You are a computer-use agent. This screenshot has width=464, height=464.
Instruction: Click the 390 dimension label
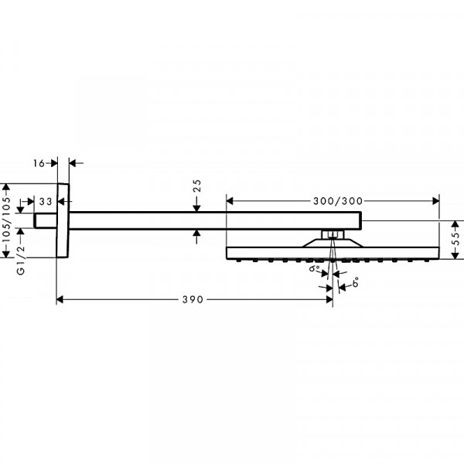point(193,299)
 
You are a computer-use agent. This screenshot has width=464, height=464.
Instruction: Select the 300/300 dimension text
point(338,201)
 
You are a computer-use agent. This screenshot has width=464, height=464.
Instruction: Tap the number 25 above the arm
point(196,186)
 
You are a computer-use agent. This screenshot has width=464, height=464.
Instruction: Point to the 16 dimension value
point(39,163)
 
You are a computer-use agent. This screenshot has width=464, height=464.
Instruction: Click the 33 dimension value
point(46,202)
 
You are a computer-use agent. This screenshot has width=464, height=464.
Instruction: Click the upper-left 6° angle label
point(314,268)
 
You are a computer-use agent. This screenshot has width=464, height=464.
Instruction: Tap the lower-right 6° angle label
point(356,282)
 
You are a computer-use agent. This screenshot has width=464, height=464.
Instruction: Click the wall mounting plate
point(63,220)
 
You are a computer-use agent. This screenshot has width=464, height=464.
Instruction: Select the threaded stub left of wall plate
point(45,220)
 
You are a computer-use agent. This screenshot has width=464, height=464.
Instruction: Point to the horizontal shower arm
point(215,220)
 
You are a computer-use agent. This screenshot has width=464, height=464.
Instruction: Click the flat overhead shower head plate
point(333,254)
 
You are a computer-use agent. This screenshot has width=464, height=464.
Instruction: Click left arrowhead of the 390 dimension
point(60,300)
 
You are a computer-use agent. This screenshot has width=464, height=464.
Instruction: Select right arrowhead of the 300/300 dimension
point(435,201)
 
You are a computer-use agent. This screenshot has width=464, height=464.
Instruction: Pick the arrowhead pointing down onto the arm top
point(196,208)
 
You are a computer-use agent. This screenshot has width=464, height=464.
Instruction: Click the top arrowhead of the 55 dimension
point(456,224)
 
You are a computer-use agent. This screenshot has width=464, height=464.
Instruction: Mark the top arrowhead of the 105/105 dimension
point(6,187)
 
